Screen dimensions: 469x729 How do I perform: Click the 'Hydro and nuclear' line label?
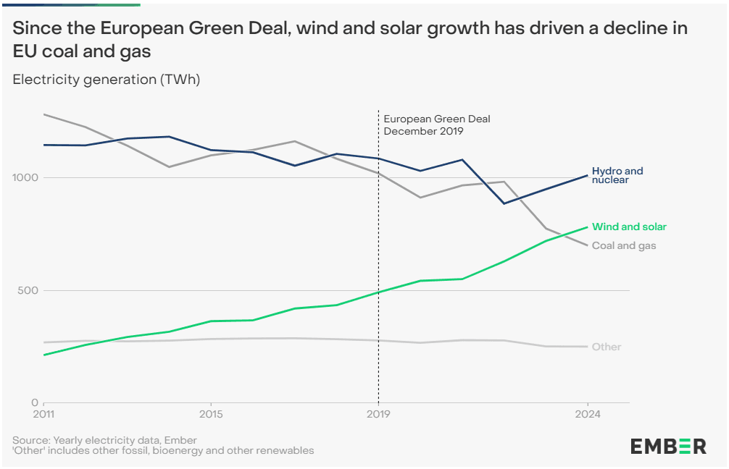click(x=617, y=175)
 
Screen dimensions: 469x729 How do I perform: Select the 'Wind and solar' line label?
click(x=629, y=227)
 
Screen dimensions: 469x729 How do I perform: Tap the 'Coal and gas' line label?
click(x=624, y=245)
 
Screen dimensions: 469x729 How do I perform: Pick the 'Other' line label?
click(x=607, y=347)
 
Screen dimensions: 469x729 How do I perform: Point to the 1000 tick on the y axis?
click(x=26, y=177)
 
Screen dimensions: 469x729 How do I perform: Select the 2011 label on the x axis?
click(x=44, y=415)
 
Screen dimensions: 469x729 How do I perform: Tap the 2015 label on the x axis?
click(x=210, y=415)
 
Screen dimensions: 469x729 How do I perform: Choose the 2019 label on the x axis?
click(x=378, y=415)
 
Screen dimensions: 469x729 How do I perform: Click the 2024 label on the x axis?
click(x=587, y=415)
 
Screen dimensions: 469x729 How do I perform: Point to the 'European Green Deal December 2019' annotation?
click(x=427, y=125)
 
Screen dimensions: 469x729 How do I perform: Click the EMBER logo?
click(x=667, y=446)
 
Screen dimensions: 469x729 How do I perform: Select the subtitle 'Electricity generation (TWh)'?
click(x=107, y=80)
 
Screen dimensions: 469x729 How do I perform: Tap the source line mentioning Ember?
click(x=104, y=440)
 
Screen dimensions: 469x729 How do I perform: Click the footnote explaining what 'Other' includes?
click(x=163, y=450)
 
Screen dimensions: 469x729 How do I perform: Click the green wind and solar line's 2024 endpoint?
click(x=587, y=227)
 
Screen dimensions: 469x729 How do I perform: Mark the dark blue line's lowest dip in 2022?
click(x=503, y=203)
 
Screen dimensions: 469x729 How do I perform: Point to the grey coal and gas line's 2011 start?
click(x=44, y=114)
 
